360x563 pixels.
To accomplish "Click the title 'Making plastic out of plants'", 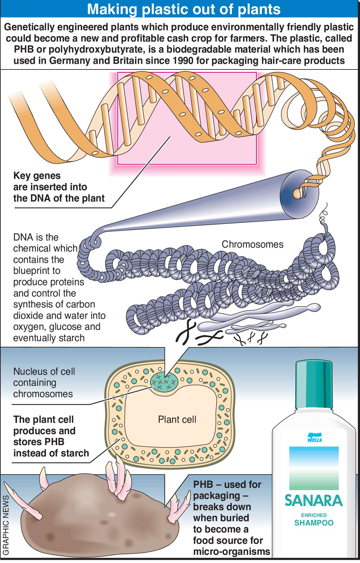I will pos(184,9).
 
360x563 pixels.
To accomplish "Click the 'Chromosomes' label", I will pos(252,244).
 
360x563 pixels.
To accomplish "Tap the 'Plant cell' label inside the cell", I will pos(177,419).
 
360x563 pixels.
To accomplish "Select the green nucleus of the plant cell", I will pos(164,382).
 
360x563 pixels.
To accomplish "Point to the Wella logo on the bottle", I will pos(314,438).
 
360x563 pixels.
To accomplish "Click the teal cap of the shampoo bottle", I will pos(314,384).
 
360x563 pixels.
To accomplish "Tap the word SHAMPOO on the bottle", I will pos(314,523).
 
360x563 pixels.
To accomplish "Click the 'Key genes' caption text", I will pos(37,176).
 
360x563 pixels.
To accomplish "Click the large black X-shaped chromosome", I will pos(186,333).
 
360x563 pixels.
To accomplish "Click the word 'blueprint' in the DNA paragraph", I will pos(37,271).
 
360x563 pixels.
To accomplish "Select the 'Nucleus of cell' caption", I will pos(44,371).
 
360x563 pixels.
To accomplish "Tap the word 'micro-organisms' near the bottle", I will pos(232,551).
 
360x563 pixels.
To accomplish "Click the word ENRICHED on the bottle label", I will pos(314,515).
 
